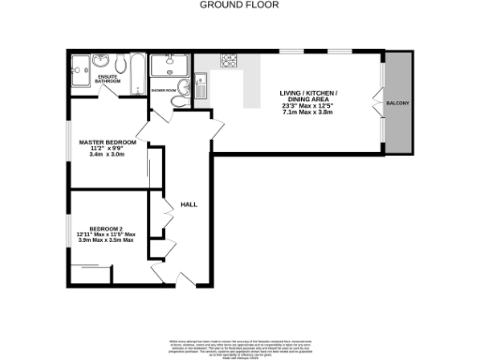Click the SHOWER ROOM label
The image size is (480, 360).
[x=165, y=91]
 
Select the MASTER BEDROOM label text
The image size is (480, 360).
[x=108, y=142]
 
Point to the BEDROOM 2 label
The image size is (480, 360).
[x=107, y=228]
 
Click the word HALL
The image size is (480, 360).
[x=187, y=203]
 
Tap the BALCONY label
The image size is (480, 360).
[x=397, y=102]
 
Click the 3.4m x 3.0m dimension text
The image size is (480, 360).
[x=108, y=155]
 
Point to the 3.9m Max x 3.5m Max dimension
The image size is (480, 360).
[x=112, y=241]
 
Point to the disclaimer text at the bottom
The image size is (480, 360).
[x=239, y=343]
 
